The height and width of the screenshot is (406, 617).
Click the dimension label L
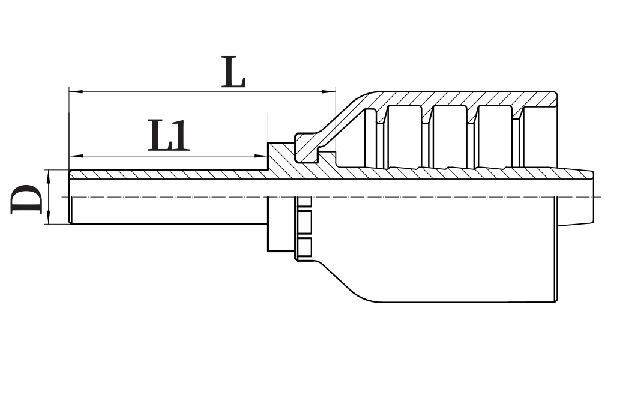click(233, 72)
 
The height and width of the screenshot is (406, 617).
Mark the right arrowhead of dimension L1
click(262, 156)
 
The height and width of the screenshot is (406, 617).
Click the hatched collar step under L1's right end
click(278, 157)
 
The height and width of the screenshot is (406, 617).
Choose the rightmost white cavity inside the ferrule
click(537, 136)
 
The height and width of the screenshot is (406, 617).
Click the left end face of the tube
click(71, 198)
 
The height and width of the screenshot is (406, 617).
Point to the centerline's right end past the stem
click(600, 197)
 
